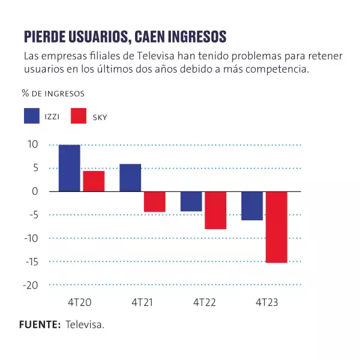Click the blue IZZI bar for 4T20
(70, 168)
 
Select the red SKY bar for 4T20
(94, 181)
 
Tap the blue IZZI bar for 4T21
(130, 178)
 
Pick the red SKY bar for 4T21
(155, 202)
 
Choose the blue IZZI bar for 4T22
(191, 201)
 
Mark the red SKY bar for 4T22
(215, 210)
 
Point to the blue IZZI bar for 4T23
(252, 206)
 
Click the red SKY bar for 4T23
(277, 227)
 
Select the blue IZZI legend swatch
(32, 116)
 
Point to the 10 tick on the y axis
(31, 145)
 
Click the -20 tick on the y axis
(30, 285)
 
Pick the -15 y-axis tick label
(30, 262)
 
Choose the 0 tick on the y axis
(35, 191)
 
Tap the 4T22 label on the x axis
(204, 303)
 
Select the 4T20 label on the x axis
(82, 303)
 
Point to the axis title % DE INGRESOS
(53, 94)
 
